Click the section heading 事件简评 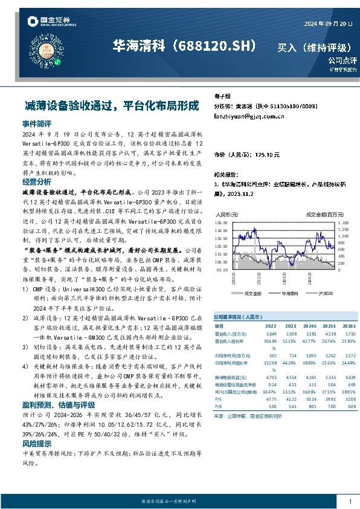coord(36,123)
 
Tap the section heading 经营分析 coord(36,181)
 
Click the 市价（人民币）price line coord(247,155)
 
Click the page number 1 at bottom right coord(350,502)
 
